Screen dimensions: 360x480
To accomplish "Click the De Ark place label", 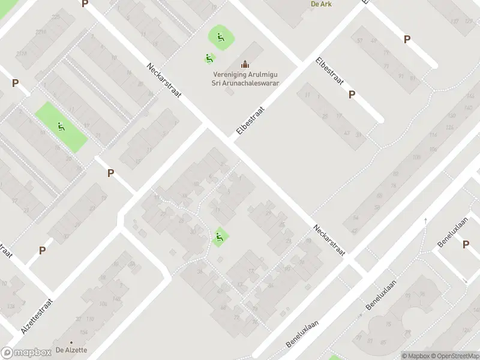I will pos(321,4).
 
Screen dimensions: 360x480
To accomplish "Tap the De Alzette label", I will pos(71,350).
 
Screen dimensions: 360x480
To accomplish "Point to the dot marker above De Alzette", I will pos(71,342).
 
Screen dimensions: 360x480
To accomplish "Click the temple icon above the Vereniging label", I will pos(245,64).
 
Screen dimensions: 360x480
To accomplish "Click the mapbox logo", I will pos(26,353).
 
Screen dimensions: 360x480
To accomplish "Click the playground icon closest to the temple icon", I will pos(209,58).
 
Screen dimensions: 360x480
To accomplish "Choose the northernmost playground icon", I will pos(221,37).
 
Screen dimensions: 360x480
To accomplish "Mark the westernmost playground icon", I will pos(61,127).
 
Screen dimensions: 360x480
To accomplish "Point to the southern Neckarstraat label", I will pos(329,240).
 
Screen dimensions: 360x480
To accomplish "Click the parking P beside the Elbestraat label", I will pos(352,94).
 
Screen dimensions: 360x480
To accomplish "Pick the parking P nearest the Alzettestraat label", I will pos(42,250).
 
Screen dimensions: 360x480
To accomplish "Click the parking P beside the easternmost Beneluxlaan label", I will pos(466,244).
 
